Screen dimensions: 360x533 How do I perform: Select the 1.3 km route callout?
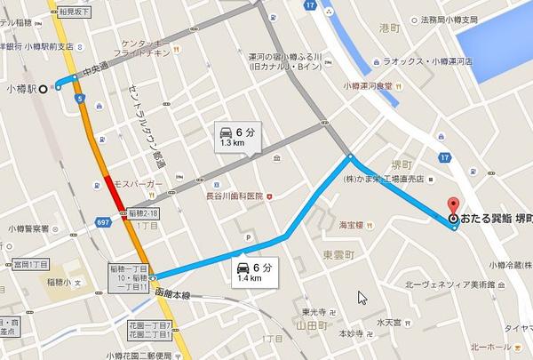pyautogui.click(x=234, y=136)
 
